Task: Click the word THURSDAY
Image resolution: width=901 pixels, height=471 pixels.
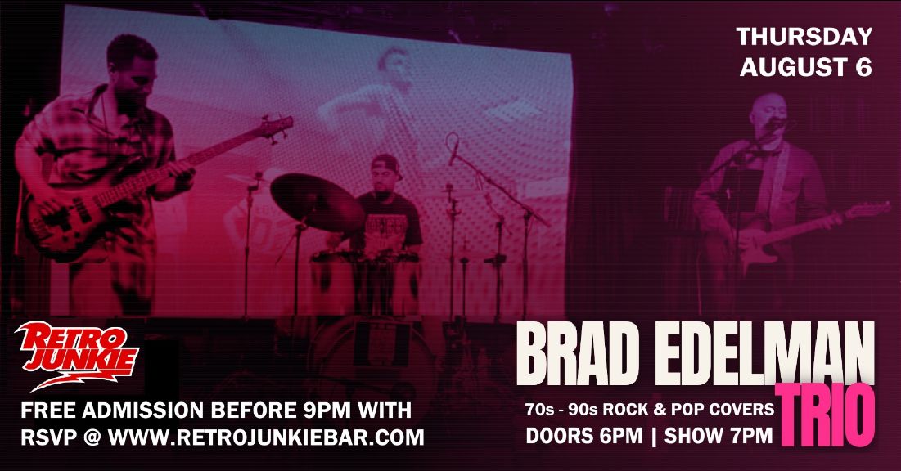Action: pos(804,37)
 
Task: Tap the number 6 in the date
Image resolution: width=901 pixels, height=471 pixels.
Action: pos(863,67)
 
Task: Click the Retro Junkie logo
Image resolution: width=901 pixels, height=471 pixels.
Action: pos(76,355)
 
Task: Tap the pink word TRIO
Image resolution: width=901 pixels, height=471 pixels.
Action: pos(825,416)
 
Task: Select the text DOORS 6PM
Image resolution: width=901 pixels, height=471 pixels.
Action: pos(583,436)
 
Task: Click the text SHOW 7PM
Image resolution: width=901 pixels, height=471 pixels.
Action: pos(719,436)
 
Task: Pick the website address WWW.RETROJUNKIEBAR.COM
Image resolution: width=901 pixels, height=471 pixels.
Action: pos(266,437)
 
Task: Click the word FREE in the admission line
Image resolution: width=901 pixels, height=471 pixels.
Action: pos(48,410)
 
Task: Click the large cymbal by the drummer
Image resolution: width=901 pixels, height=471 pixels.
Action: pos(318,202)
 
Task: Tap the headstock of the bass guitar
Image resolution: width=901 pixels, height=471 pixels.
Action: pos(276,126)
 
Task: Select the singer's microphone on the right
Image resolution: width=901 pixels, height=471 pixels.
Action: pos(777,123)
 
